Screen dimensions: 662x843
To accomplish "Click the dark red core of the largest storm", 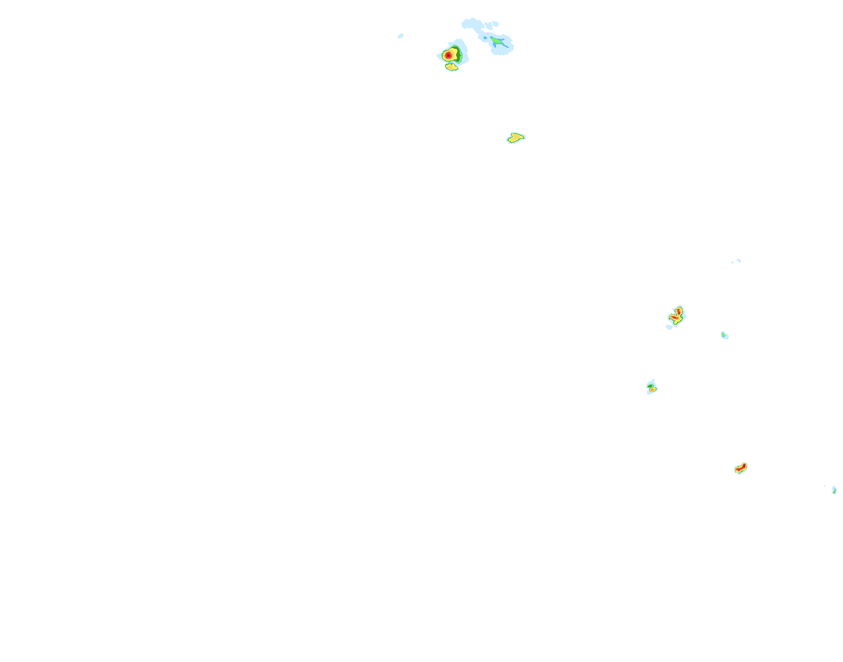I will point(448,55).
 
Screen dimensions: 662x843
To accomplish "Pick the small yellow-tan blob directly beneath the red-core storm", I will point(451,67).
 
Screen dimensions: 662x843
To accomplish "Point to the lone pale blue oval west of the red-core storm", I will point(400,36).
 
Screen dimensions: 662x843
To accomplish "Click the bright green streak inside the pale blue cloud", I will point(498,43).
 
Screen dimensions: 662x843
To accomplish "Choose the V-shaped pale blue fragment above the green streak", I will point(488,25).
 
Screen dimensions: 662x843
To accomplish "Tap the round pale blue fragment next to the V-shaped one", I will point(496,24).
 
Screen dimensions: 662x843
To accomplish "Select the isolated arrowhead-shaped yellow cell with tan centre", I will point(516,138).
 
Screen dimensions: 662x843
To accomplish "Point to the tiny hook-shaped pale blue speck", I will point(738,260).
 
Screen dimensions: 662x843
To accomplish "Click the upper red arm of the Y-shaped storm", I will point(679,311).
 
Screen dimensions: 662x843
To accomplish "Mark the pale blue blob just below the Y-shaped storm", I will point(669,327).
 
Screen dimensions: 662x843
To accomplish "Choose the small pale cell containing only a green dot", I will point(724,335).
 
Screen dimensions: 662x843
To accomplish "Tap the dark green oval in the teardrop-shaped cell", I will point(650,386).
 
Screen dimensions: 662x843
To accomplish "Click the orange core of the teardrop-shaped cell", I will point(653,390).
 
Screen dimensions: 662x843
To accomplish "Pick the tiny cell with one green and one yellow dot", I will point(834,490).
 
